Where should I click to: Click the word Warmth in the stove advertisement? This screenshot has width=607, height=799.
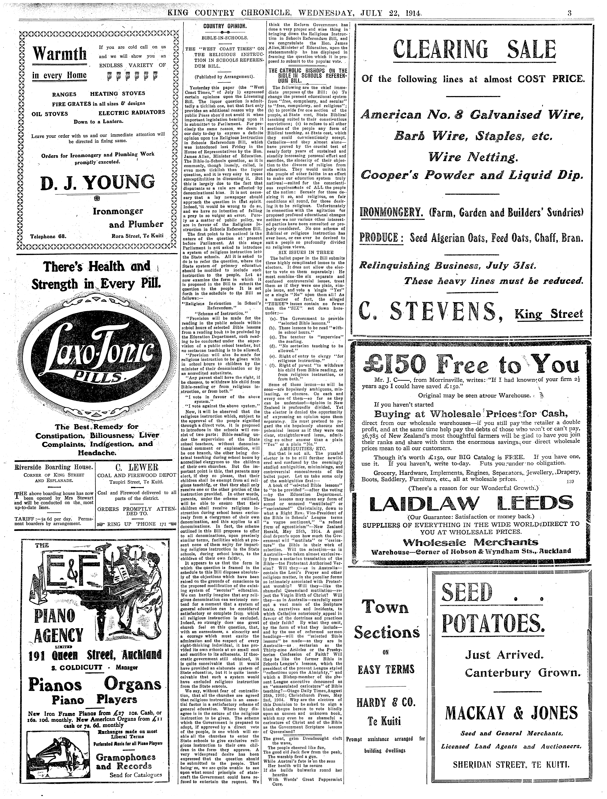(60, 54)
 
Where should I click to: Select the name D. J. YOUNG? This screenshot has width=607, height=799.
(98, 182)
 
